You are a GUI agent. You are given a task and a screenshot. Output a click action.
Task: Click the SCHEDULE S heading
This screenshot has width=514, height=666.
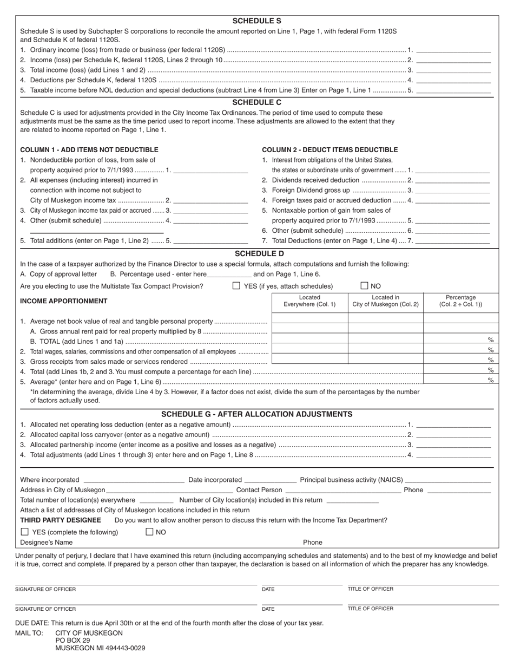256,21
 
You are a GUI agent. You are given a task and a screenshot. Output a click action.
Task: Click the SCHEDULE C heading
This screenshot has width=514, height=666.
256,102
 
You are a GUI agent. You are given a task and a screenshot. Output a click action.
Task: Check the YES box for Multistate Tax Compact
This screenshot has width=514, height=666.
236,286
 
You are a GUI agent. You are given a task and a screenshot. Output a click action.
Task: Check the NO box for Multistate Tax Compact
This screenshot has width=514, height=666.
365,286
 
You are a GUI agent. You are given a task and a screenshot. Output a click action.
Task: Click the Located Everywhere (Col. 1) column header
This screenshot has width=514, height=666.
309,301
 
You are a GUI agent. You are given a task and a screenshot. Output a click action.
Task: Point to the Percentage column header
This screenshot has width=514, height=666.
460,301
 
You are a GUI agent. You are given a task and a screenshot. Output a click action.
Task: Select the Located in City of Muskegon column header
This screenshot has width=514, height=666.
385,301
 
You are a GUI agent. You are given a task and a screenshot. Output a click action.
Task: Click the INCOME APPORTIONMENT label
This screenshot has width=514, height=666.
63,301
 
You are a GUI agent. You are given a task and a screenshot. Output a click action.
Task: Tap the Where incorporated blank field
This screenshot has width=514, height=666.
134,480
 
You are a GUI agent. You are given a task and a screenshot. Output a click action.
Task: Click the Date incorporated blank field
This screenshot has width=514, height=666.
270,480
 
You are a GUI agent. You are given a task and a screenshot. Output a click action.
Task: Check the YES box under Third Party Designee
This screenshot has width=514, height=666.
24,532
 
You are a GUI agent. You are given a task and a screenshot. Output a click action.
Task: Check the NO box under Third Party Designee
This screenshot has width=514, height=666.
150,532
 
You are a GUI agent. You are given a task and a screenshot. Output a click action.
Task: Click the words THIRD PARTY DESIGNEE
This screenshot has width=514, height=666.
61,520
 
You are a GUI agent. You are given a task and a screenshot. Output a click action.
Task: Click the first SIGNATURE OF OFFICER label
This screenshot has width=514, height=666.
45,589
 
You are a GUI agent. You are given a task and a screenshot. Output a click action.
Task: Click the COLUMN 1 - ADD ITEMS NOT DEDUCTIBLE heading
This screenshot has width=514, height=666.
89,150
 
